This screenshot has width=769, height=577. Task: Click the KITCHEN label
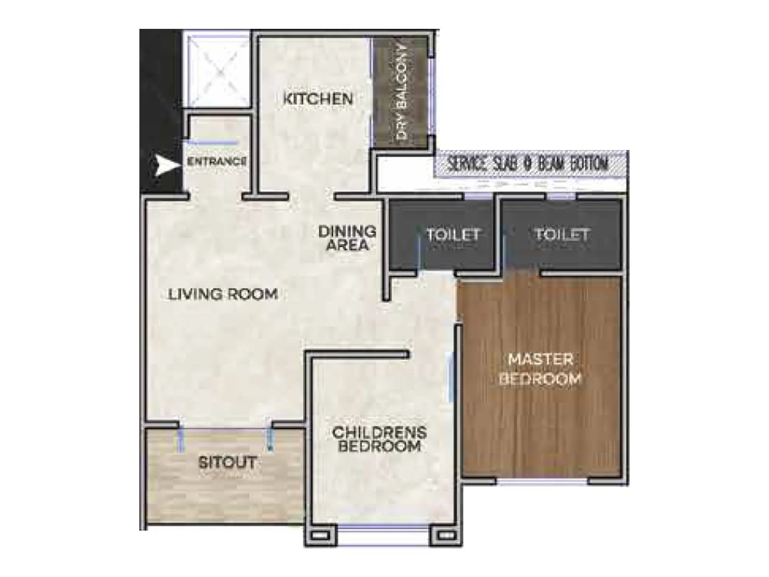[318, 99]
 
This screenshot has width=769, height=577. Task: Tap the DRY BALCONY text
[401, 92]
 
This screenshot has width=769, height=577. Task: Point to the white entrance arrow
[165, 165]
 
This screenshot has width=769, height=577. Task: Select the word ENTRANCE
[217, 162]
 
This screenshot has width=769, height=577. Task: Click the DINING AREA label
[347, 238]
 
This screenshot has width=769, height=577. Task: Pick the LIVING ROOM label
[223, 294]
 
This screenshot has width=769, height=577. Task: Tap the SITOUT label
[227, 463]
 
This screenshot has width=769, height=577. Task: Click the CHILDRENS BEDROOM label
[379, 439]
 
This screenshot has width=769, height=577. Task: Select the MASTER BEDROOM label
[540, 369]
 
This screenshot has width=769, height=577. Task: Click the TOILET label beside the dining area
[453, 235]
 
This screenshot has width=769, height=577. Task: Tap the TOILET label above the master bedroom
[561, 234]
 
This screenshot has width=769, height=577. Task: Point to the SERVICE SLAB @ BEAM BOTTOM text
[528, 164]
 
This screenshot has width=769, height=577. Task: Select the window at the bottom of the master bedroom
[542, 481]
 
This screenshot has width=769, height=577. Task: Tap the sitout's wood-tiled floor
[226, 495]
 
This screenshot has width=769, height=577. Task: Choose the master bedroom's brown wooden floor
[541, 433]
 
